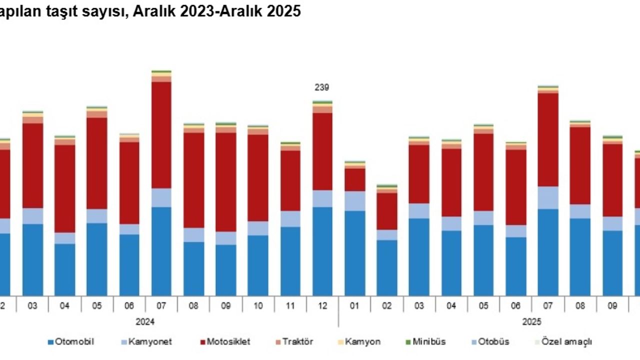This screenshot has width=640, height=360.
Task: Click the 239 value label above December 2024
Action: [x=322, y=87]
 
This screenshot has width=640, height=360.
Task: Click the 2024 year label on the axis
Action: [x=144, y=321]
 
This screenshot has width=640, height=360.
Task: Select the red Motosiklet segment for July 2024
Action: [x=161, y=135]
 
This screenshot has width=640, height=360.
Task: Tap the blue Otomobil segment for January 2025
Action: [x=354, y=252]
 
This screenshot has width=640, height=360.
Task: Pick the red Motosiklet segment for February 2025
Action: [x=387, y=211]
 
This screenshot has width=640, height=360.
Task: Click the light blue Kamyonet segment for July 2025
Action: [x=548, y=197]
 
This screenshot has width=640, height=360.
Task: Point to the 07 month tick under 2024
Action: [x=161, y=305]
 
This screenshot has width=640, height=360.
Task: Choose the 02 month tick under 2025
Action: [x=387, y=305]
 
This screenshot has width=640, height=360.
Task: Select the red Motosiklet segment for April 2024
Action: [x=65, y=188]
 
